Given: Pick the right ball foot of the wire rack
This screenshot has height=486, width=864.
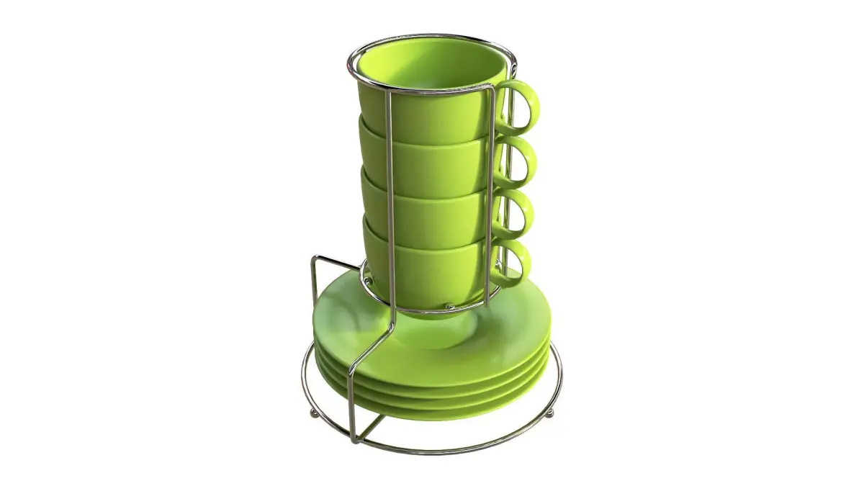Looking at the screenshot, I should coord(551,413).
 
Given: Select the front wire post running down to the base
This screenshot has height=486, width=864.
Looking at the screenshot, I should coord(351,403).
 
